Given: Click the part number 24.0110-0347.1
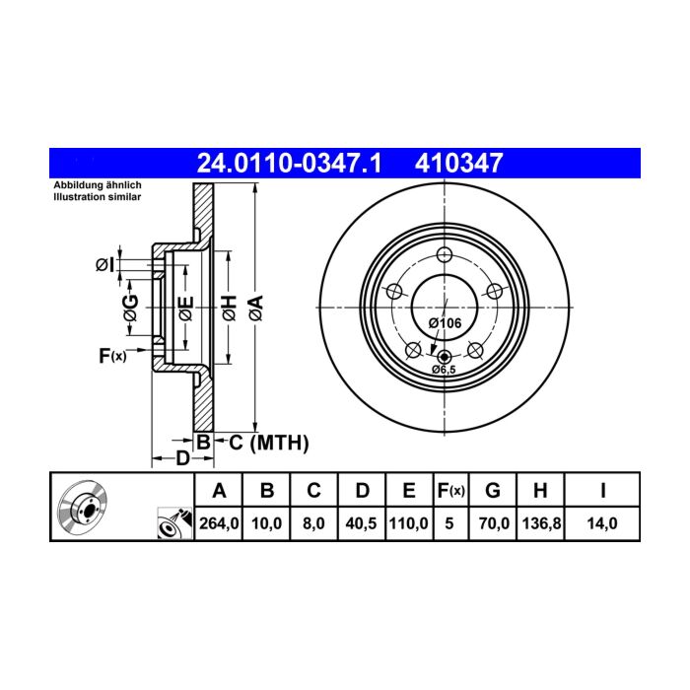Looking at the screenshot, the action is tap(289, 164).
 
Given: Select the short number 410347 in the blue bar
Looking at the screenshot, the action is tap(458, 164).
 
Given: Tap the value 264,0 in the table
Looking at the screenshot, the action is tap(219, 523).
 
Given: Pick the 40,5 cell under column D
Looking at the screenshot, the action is tap(362, 523).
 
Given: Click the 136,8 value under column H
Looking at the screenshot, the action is tap(541, 523).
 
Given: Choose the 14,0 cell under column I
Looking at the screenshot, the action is tap(602, 523).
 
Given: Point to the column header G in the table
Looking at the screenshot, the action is tap(493, 490).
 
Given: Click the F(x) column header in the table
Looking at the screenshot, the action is tap(450, 490).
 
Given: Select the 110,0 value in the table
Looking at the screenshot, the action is tap(408, 523).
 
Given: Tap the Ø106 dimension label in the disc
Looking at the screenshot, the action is tap(445, 323).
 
